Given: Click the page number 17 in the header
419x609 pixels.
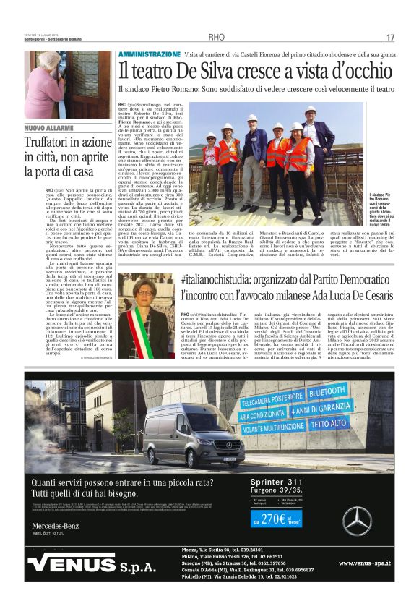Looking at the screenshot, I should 389,37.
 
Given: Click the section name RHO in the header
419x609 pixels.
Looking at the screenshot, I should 217,37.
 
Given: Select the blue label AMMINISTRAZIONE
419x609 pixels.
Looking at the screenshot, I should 150,54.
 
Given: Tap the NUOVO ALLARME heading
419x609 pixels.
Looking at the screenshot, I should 49,128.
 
